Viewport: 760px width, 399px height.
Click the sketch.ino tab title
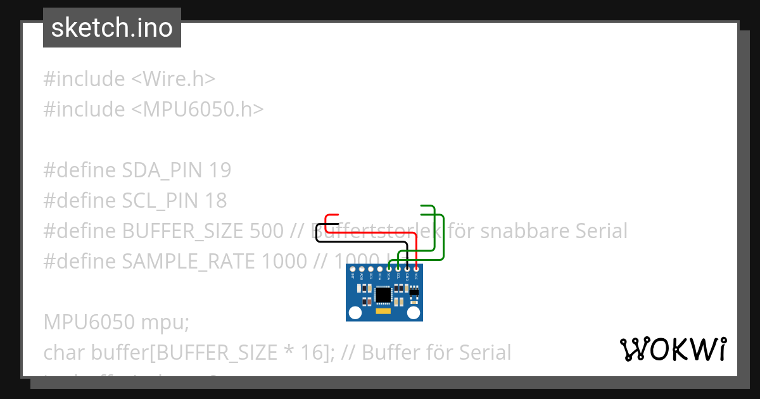click(x=111, y=28)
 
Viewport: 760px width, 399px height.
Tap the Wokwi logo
click(x=673, y=349)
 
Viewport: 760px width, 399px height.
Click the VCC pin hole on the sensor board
click(x=416, y=270)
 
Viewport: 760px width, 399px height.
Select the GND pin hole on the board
click(x=407, y=270)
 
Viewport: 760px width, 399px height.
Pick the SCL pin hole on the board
click(x=398, y=270)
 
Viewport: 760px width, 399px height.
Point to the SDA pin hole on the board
click(x=388, y=270)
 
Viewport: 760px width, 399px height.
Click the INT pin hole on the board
click(x=352, y=270)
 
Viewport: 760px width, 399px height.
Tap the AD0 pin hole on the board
click(x=361, y=270)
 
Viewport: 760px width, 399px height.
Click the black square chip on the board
click(x=383, y=294)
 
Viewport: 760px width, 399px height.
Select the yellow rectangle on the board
click(x=383, y=312)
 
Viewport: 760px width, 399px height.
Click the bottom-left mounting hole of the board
click(x=353, y=312)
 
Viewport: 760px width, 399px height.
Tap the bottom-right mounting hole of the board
click(x=414, y=312)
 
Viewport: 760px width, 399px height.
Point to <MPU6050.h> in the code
click(x=197, y=110)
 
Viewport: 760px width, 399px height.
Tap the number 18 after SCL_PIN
click(x=215, y=201)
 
